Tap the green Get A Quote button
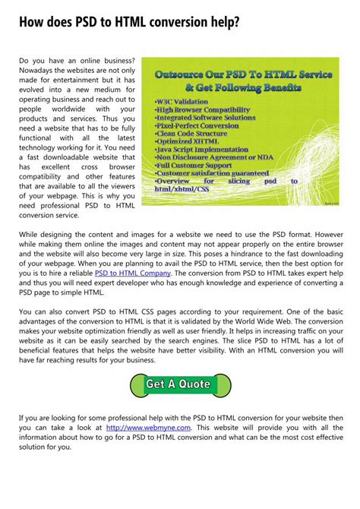coord(179,384)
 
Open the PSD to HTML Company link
coord(133,273)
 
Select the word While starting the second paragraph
coord(31,236)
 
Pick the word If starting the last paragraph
coord(23,418)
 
